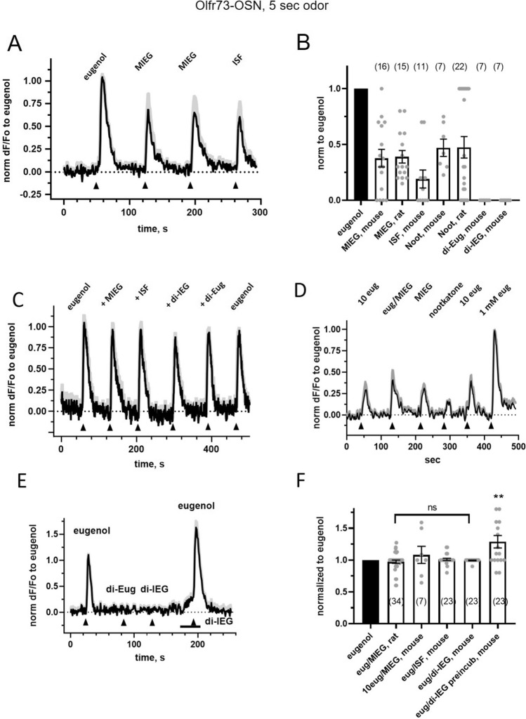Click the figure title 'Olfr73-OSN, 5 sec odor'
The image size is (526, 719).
tap(263, 8)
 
